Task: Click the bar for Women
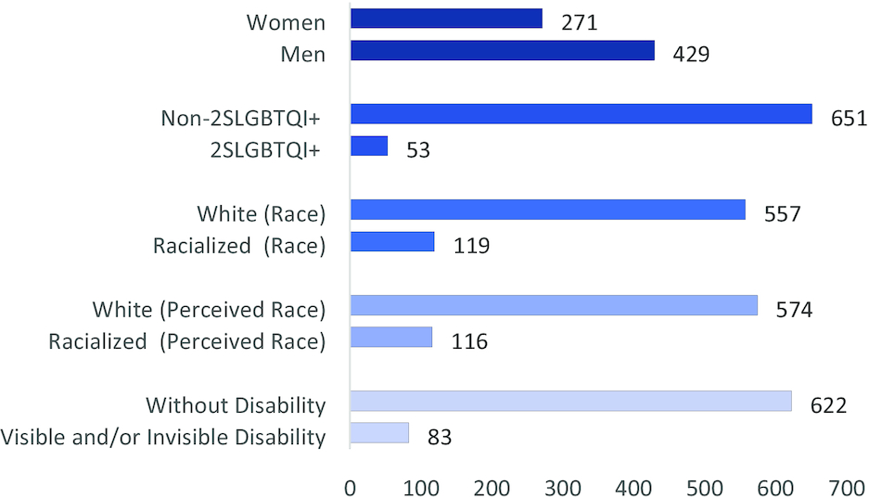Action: pyautogui.click(x=446, y=19)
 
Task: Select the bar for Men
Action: pyautogui.click(x=503, y=51)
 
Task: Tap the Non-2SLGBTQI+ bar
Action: pyautogui.click(x=581, y=114)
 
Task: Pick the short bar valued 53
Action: pyautogui.click(x=369, y=147)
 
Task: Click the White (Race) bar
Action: pyautogui.click(x=548, y=211)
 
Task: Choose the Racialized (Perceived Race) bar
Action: pyautogui.click(x=391, y=338)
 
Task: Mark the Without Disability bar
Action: pyautogui.click(x=571, y=402)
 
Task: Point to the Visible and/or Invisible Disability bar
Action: pyautogui.click(x=380, y=433)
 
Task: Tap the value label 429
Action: pyautogui.click(x=691, y=54)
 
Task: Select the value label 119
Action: pyautogui.click(x=471, y=246)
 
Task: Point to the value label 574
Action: pyautogui.click(x=794, y=309)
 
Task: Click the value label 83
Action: pyautogui.click(x=440, y=436)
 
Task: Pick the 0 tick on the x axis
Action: pyautogui.click(x=351, y=487)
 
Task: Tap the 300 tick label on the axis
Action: pyautogui.click(x=563, y=487)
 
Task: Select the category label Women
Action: pyautogui.click(x=286, y=22)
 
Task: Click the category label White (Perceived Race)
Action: pyautogui.click(x=209, y=308)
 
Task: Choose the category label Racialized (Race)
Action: pyautogui.click(x=239, y=246)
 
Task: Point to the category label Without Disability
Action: pyautogui.click(x=236, y=405)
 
